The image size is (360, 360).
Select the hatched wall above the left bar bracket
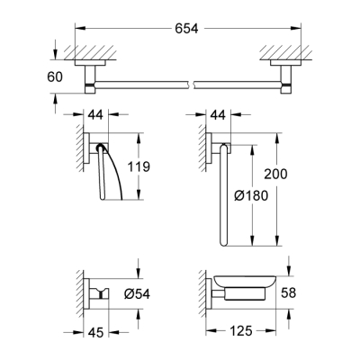point(93,52)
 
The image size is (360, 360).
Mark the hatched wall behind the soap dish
point(200,292)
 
